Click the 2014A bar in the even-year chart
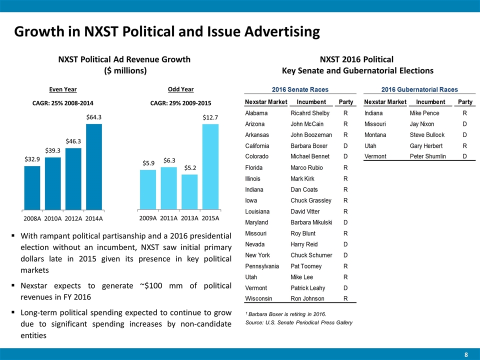coord(93,166)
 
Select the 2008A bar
coord(32,187)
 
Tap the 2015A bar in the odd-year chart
coord(210,166)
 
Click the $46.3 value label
coord(73,141)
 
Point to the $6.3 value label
coord(168,160)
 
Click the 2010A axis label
coord(52,218)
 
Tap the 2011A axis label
coord(169,218)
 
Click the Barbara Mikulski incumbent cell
coord(311,222)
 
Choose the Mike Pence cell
coord(424,113)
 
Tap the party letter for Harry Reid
coord(345,244)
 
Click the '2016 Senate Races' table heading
coord(300,90)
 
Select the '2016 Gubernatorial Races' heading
coord(419,90)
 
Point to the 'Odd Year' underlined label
coord(180,89)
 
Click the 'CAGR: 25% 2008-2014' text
coord(62,103)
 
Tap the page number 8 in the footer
coord(466,354)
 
